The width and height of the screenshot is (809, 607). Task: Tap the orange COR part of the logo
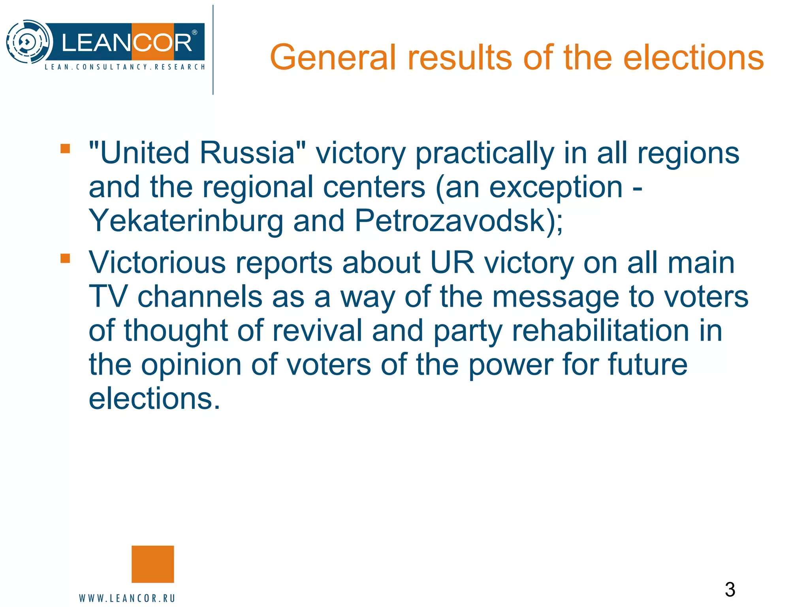162,42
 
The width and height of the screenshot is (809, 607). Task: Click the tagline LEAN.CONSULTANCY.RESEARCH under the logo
125,67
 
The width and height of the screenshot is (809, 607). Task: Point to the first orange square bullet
65,149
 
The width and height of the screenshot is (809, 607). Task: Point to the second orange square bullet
65,258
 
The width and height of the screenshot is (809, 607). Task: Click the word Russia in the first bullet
247,153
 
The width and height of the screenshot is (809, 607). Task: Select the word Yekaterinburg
186,221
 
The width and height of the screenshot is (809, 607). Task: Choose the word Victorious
157,262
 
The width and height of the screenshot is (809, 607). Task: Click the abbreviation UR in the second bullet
452,262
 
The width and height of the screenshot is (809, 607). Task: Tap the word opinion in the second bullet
191,366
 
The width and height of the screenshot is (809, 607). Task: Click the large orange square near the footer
152,564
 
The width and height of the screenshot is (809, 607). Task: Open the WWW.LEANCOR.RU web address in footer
127,598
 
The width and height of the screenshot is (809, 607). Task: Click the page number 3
730,590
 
